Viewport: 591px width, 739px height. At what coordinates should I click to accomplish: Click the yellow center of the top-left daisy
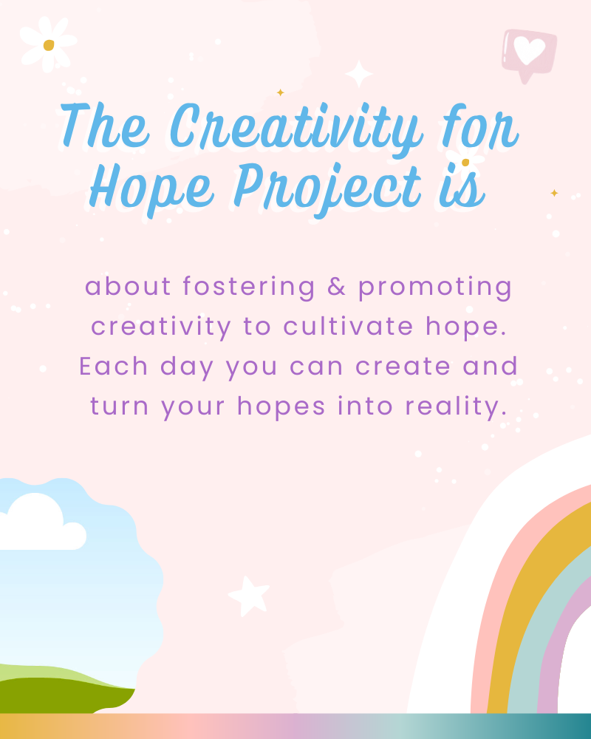point(49,45)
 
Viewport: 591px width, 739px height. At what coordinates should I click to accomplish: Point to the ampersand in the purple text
point(337,287)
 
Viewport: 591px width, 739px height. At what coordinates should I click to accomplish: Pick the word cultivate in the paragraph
point(348,326)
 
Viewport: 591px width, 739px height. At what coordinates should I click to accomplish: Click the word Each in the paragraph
point(113,367)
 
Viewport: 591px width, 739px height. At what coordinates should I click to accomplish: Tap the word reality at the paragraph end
point(457,406)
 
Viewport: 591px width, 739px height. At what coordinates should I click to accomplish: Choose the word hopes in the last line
point(281,406)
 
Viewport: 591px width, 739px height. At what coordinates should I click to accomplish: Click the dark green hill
point(61,695)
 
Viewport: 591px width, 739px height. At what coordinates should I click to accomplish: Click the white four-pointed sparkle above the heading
point(359,74)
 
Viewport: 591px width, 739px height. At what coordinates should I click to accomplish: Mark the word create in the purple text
point(403,367)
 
